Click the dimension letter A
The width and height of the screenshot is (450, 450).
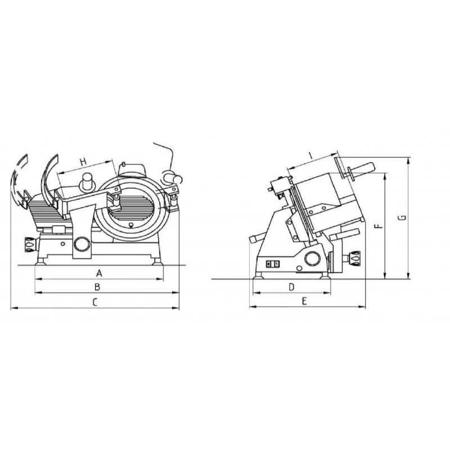(99, 273)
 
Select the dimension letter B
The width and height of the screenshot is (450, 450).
(97, 287)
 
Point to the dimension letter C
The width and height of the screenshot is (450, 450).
(95, 302)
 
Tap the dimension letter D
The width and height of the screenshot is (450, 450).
(291, 287)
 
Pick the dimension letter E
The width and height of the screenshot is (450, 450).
(304, 301)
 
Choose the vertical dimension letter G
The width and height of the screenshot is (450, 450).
(403, 218)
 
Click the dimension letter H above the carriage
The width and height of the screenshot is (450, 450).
(83, 162)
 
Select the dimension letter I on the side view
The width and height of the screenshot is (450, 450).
(311, 156)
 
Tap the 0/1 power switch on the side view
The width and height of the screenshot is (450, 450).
(272, 264)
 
